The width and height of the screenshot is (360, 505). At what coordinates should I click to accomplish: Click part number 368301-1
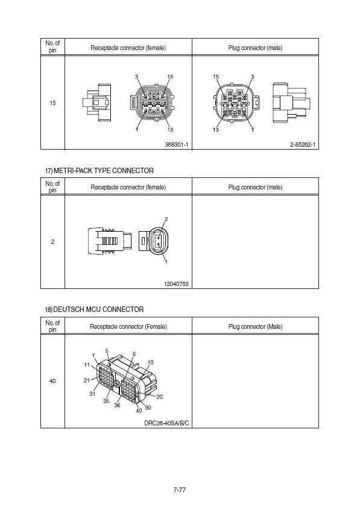point(176,145)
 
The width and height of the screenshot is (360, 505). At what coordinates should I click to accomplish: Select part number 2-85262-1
point(302,145)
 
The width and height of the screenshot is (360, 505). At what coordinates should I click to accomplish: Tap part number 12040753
point(176,284)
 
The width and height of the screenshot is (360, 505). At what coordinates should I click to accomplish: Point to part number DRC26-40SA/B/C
point(166,423)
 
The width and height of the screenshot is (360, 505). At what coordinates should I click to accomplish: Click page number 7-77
point(180,490)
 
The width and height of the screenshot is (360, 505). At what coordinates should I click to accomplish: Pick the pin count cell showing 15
point(52,103)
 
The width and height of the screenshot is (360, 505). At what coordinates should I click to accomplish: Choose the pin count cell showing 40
point(52,381)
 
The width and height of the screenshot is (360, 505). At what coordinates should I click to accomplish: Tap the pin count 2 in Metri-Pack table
point(52,242)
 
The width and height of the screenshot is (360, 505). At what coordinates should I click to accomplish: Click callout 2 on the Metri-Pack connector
point(166,220)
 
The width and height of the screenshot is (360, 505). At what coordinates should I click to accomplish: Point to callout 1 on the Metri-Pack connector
point(166,262)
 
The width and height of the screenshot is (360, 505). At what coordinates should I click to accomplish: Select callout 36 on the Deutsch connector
point(117,405)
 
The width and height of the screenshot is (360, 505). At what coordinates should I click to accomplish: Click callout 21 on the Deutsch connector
point(87,380)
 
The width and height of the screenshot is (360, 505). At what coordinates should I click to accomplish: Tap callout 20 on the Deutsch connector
point(159,397)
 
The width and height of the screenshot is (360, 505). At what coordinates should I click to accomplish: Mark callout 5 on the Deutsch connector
point(107,351)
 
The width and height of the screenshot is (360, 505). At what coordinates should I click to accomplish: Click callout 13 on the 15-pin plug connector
point(215,130)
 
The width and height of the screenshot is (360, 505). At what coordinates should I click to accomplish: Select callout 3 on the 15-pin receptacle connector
point(136,77)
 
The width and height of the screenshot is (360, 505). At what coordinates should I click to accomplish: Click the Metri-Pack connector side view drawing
point(110,241)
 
